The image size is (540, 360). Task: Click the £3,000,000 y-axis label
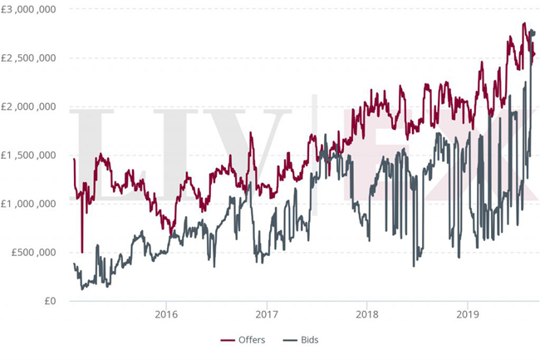[x=28, y=9]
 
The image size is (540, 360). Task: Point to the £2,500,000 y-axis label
[x=28, y=58]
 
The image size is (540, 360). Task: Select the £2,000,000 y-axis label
[x=28, y=106]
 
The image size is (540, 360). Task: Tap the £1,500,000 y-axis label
[x=28, y=155]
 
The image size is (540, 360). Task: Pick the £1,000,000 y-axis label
[x=28, y=204]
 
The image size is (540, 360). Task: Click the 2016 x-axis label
[x=166, y=315]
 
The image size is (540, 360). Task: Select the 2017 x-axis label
[x=267, y=315]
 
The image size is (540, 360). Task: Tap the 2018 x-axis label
[x=366, y=315]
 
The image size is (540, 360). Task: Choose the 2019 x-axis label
[x=467, y=315]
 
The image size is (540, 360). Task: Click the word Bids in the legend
[x=307, y=339]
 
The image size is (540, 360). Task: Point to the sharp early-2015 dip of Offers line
[x=81, y=251]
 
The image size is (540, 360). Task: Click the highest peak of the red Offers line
[x=524, y=23]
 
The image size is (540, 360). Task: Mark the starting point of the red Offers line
[x=74, y=159]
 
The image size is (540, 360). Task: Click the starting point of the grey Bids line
[x=74, y=264]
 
